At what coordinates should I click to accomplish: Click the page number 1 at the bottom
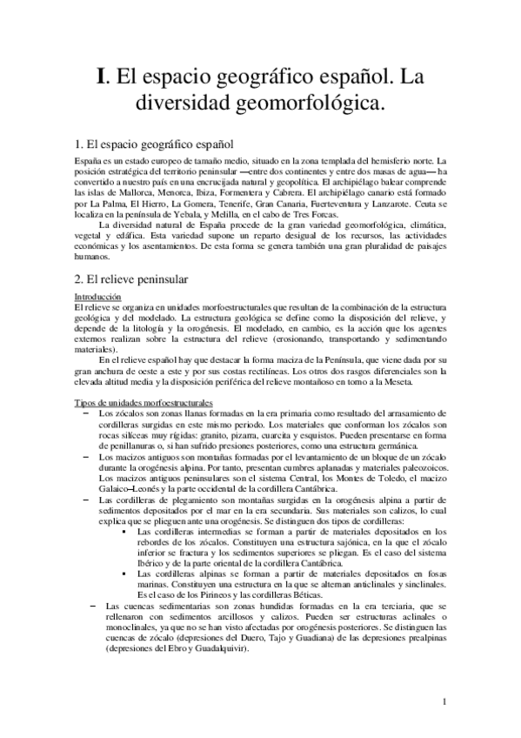pos(444,701)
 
